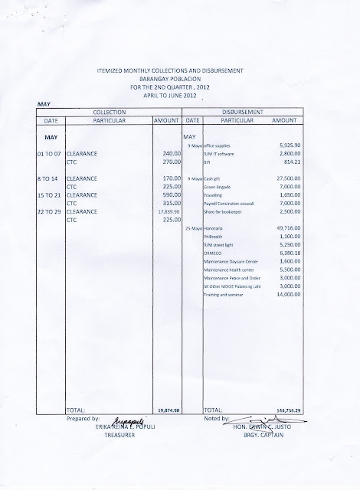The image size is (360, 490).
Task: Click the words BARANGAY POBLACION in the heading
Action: click(x=181, y=77)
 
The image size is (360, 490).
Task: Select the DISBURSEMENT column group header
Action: click(x=250, y=112)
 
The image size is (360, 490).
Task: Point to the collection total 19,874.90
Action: click(x=165, y=410)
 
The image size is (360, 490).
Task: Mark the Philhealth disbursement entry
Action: click(x=214, y=258)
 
